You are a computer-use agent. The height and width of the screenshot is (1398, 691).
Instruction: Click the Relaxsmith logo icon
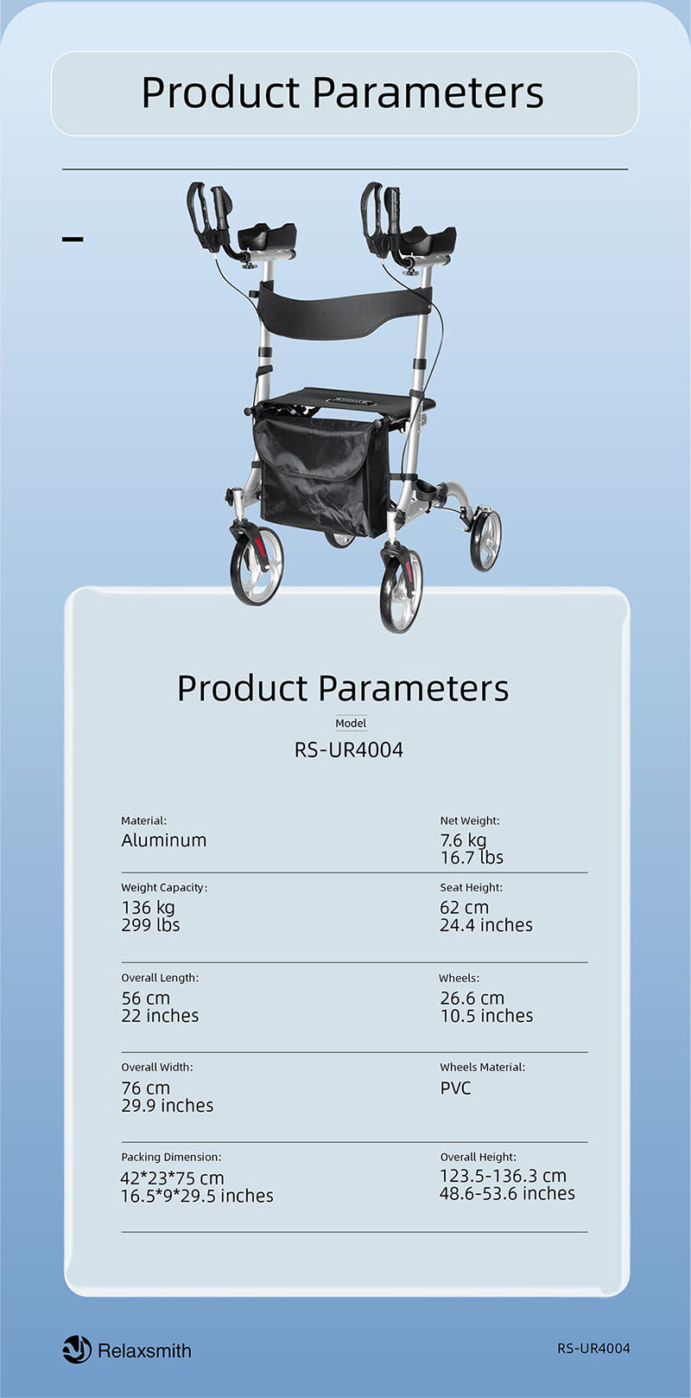78,1350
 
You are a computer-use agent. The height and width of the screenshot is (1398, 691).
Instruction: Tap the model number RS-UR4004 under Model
349,750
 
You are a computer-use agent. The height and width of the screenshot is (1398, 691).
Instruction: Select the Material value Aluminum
163,840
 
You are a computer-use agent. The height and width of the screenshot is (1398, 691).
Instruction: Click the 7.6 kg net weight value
463,840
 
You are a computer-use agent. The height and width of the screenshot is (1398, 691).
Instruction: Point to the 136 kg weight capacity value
149,908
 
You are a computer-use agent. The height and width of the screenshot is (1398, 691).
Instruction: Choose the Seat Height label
471,888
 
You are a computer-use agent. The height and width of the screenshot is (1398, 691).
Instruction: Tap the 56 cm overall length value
146,998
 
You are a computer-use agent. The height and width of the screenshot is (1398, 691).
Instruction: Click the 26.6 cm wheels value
472,998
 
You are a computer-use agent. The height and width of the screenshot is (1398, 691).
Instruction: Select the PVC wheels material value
455,1088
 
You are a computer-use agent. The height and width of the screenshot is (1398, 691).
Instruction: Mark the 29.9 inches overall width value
168,1106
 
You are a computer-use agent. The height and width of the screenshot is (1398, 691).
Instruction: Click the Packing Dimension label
171,1157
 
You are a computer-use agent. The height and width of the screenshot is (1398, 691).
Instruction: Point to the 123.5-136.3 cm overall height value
503,1176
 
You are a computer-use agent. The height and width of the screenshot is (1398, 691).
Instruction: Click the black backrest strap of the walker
343,309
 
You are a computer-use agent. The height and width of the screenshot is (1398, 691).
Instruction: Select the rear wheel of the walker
485,539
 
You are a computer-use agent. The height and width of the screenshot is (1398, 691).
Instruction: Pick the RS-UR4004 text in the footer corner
593,1349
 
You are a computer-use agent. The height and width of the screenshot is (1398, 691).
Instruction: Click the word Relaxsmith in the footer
145,1351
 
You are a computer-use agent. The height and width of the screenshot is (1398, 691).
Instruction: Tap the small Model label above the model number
351,724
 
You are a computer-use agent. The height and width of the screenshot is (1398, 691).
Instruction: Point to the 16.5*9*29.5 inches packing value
197,1196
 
